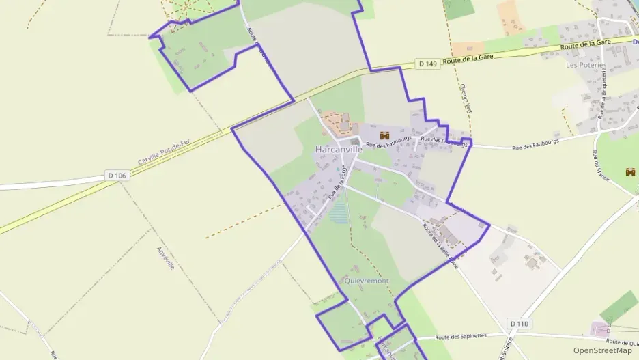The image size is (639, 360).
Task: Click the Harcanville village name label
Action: click(x=339, y=149)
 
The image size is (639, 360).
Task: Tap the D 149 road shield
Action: click(x=427, y=64)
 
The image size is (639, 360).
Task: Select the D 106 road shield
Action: click(x=117, y=176)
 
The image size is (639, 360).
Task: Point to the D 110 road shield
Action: click(x=520, y=322)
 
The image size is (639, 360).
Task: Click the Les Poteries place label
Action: click(x=586, y=66)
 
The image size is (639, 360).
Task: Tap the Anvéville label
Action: click(x=166, y=258)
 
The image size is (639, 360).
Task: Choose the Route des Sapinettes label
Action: click(x=461, y=337)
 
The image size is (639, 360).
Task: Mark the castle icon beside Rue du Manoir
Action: click(x=629, y=172)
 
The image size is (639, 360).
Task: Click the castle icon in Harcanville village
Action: click(x=384, y=135)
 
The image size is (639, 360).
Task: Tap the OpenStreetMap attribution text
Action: click(x=602, y=350)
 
